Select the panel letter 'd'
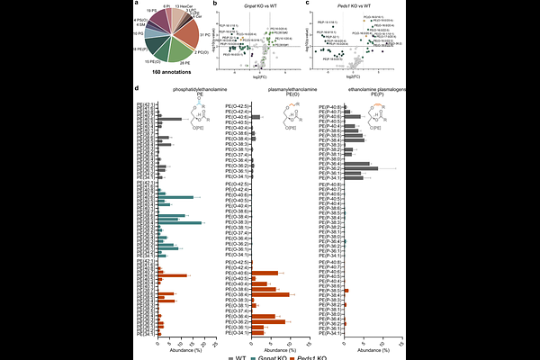pyautogui.click(x=135, y=87)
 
